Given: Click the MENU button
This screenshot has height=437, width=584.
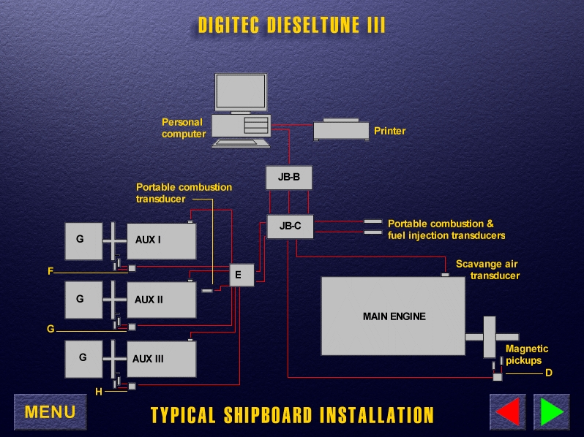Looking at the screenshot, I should [50, 412].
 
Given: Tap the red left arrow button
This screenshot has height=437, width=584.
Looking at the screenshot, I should [508, 412].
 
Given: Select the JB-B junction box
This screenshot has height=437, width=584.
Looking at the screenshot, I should [289, 178].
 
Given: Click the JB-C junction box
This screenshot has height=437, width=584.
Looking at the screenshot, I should [290, 227].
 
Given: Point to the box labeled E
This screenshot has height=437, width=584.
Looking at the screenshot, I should [241, 275].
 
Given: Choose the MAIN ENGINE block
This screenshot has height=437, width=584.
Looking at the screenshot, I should [393, 316].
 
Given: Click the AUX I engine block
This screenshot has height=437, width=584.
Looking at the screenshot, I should [161, 240].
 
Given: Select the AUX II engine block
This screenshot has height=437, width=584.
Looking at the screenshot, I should [161, 300].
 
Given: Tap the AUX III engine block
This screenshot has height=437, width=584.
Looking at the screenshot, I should [161, 359].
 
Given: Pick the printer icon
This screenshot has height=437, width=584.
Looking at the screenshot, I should [341, 130].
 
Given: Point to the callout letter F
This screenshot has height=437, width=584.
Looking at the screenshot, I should [50, 271].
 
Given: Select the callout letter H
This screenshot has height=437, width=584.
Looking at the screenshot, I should [99, 392].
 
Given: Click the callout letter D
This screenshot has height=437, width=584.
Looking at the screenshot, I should [549, 373].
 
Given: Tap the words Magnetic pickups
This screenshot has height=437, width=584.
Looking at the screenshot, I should [526, 354].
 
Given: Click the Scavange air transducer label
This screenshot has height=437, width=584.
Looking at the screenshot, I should [487, 270].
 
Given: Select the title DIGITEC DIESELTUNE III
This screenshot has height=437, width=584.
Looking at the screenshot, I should [292, 26].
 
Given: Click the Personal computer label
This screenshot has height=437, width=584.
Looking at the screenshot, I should [183, 128].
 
